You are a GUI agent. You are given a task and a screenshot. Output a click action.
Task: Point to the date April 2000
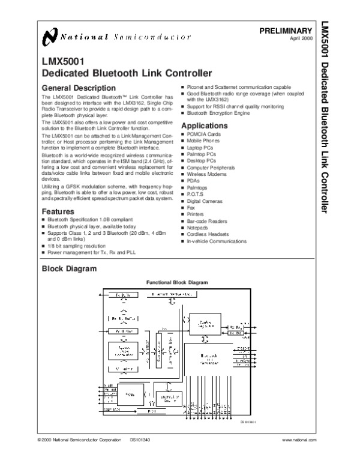tap(300, 38)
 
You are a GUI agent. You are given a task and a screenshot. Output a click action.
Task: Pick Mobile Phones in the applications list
tap(203, 141)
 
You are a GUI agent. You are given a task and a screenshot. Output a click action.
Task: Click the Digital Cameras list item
tap(205, 201)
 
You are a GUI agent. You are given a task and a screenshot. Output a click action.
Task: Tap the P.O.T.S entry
tap(196, 195)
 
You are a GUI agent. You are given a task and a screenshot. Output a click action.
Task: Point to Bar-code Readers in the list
tap(207, 221)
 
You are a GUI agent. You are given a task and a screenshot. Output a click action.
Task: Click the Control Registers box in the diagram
tap(206, 322)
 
